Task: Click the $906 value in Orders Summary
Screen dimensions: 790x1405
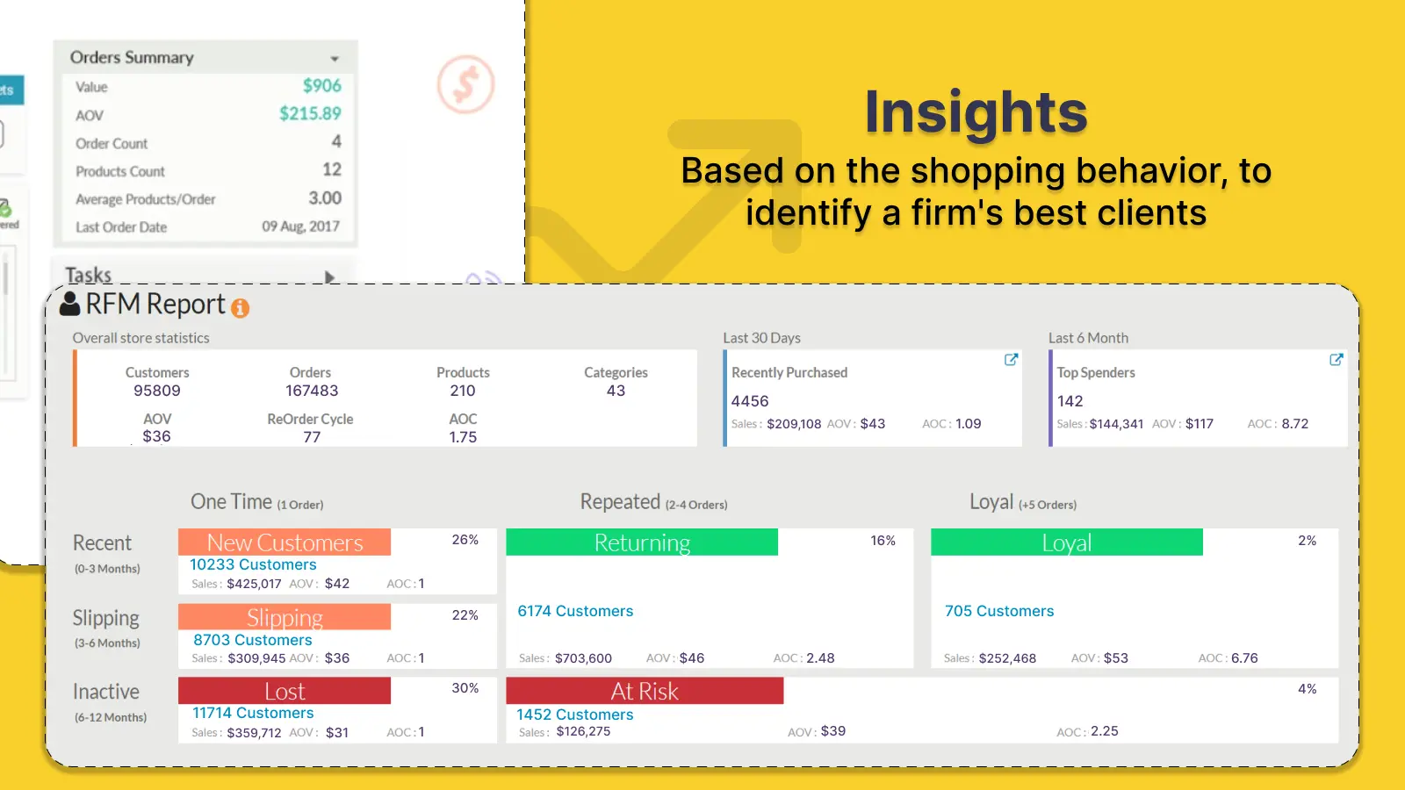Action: coord(321,86)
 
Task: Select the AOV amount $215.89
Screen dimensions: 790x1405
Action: coord(310,114)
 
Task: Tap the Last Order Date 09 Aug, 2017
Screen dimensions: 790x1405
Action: coord(300,226)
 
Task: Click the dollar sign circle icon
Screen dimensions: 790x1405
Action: coord(465,85)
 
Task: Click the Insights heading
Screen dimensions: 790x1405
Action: coord(976,112)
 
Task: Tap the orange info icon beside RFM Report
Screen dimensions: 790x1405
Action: coord(240,308)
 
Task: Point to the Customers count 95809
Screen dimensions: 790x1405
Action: coord(157,391)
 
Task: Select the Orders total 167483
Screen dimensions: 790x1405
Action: coord(311,391)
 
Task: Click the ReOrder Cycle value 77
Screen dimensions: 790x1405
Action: coord(312,436)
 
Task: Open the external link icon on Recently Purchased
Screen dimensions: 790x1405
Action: coord(1011,360)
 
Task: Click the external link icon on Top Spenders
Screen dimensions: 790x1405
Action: coord(1336,360)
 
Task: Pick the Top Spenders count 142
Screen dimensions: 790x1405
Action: coord(1070,401)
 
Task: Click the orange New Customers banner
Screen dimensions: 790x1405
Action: coord(285,542)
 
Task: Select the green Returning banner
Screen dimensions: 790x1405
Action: coord(642,542)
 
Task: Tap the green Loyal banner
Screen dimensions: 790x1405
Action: coord(1066,542)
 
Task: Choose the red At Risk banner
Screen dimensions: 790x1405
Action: coord(645,691)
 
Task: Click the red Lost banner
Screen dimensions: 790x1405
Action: coord(285,691)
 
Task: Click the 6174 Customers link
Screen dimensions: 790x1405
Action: coord(575,611)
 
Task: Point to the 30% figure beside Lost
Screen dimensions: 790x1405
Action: coord(465,688)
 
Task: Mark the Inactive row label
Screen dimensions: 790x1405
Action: coord(106,692)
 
